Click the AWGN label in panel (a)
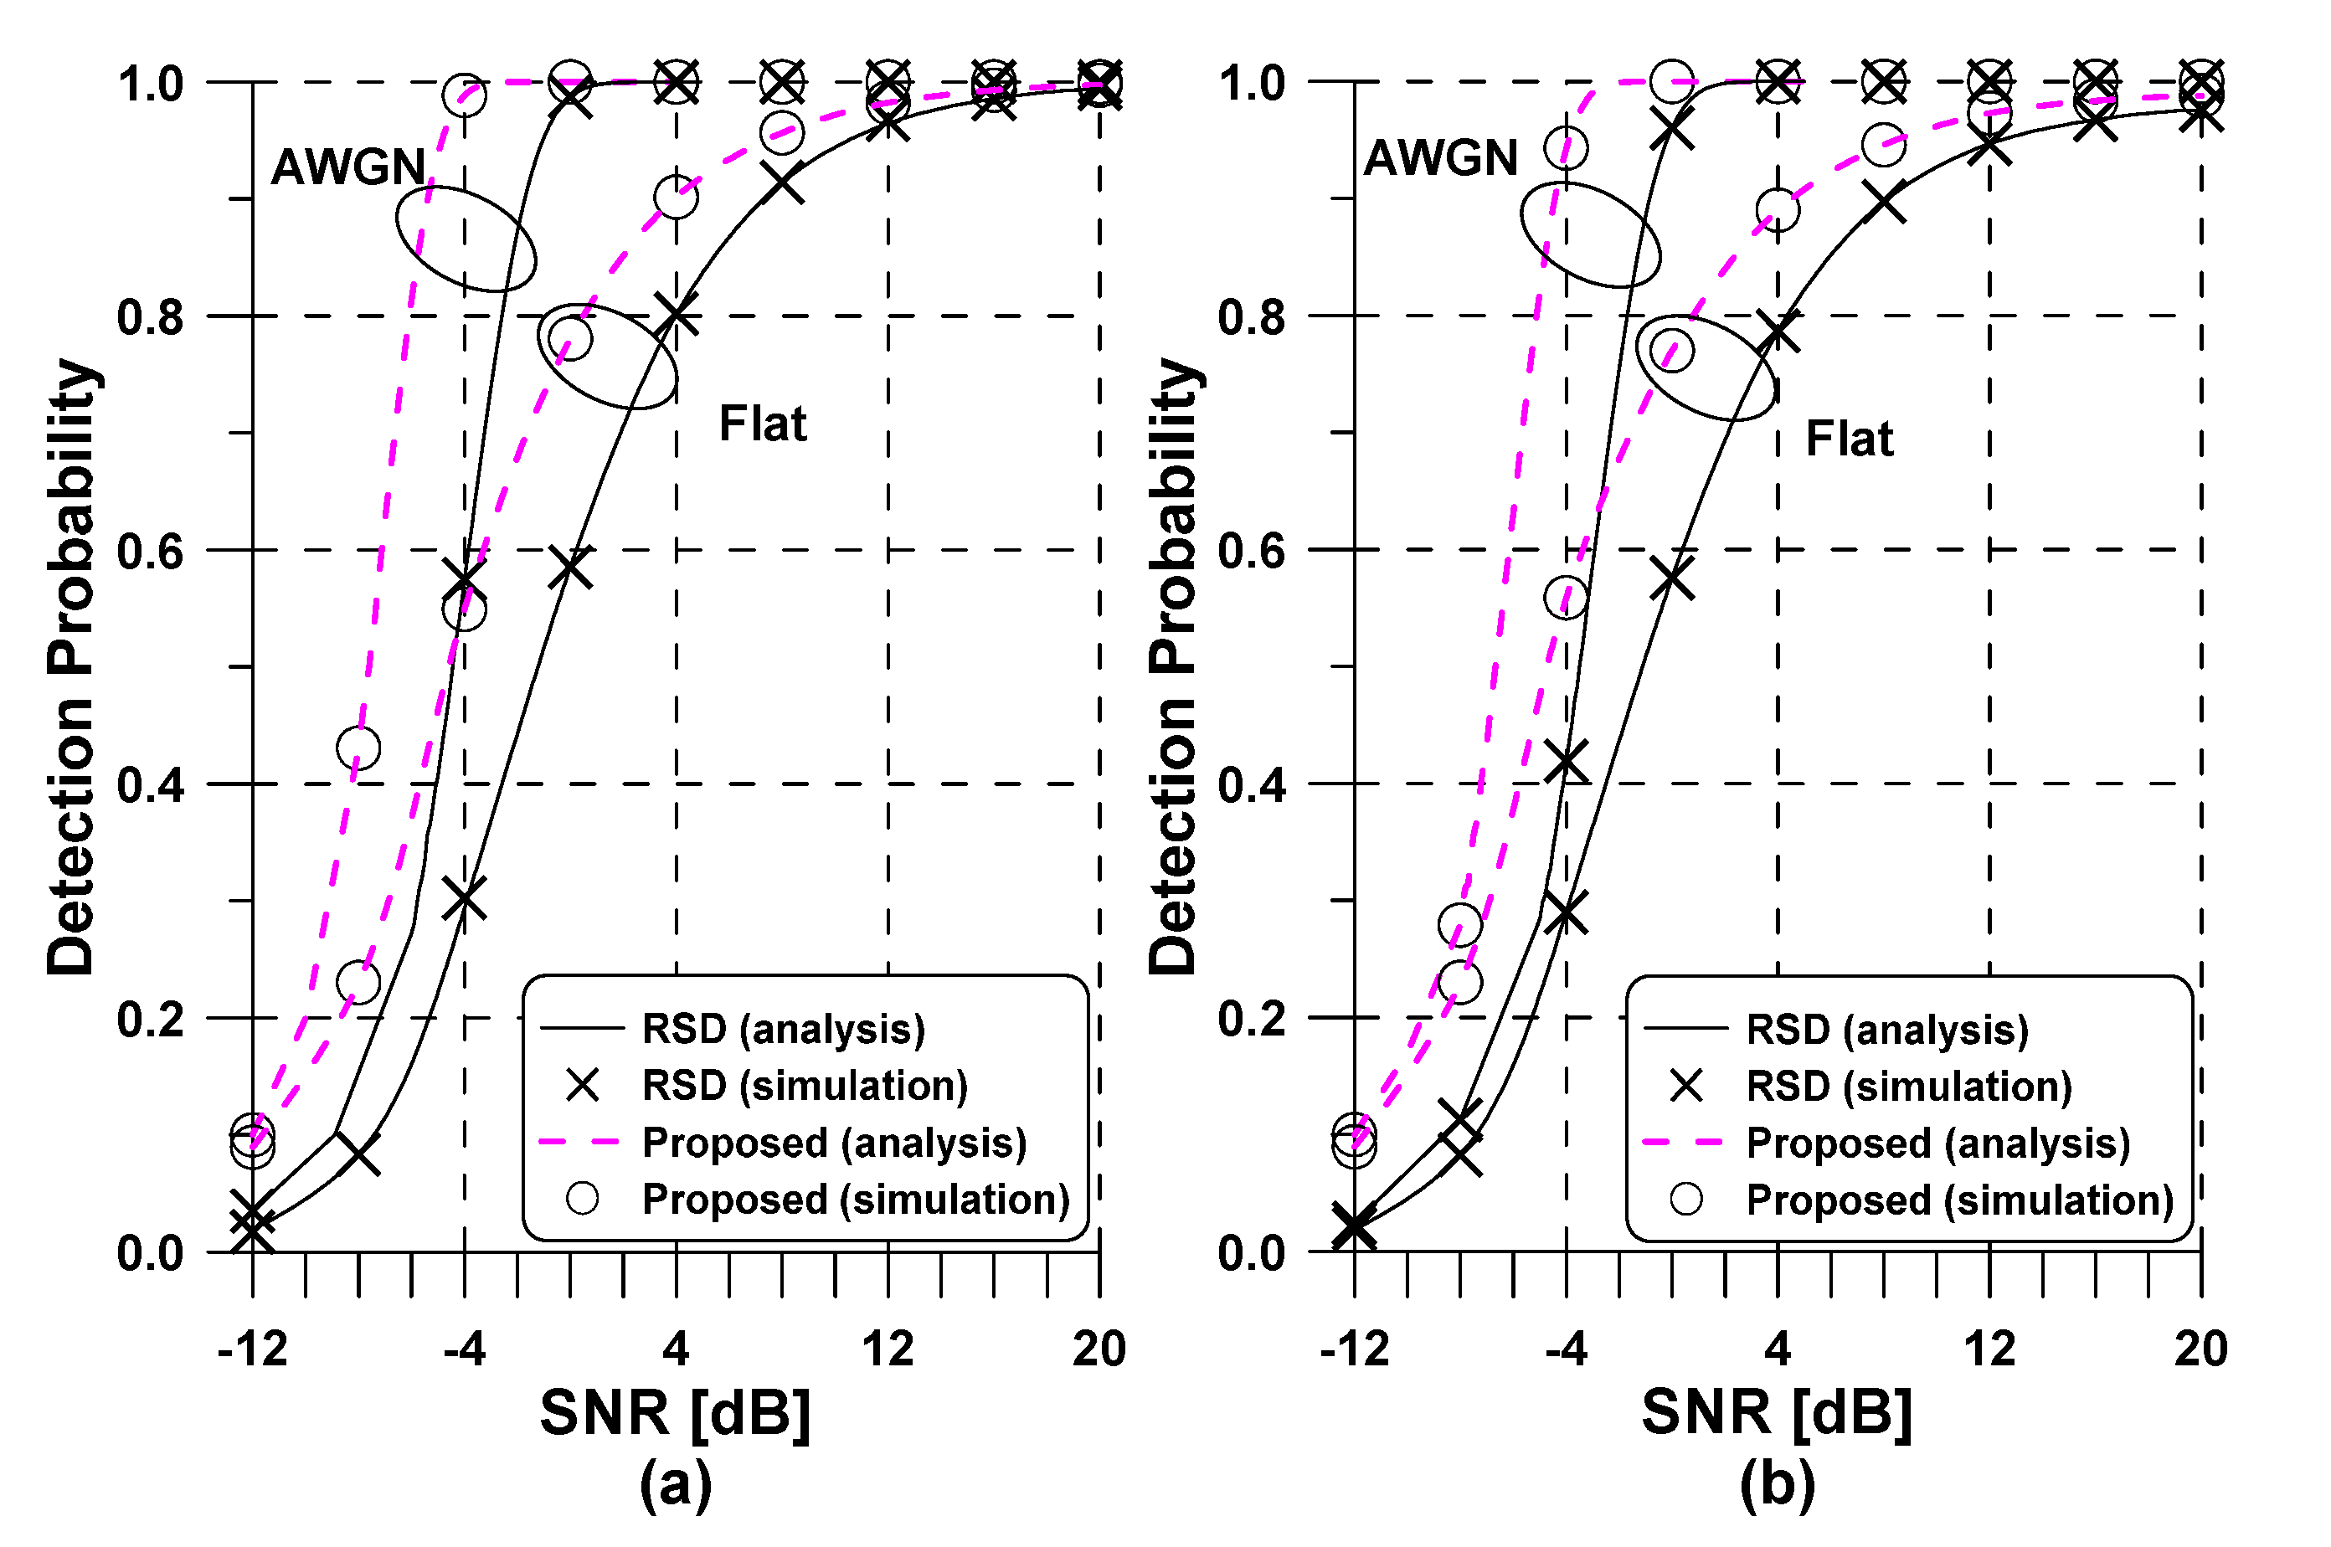point(347,167)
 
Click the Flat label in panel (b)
point(1849,438)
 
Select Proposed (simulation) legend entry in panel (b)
point(1959,1200)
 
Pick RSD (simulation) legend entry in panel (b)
point(1907,1087)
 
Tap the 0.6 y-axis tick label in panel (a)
point(150,551)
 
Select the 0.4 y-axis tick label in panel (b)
point(1252,785)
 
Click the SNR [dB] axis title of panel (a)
point(675,1413)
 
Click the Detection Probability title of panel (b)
point(1172,667)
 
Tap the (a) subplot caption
point(675,1484)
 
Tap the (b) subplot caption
point(1777,1484)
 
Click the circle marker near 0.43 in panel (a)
point(358,748)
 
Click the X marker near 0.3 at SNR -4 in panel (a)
point(464,899)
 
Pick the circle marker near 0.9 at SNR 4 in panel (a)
point(676,198)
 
